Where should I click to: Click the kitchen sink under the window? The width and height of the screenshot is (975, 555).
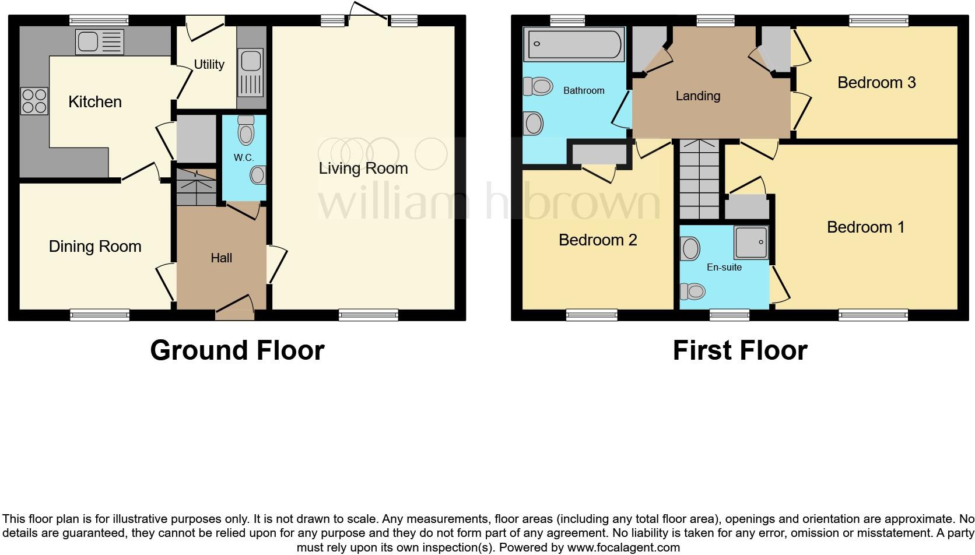[x=100, y=42]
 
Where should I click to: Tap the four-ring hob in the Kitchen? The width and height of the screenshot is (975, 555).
[x=34, y=100]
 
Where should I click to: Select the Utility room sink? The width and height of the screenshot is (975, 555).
[x=251, y=73]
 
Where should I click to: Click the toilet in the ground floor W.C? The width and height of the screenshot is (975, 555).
[x=246, y=130]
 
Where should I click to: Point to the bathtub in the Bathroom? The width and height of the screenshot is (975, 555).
[x=574, y=44]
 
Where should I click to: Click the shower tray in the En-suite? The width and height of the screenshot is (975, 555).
[x=750, y=242]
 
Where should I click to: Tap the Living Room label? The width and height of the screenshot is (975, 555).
[x=363, y=168]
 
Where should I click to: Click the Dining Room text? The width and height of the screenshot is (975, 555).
[x=95, y=247]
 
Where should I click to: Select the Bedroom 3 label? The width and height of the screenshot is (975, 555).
[x=876, y=83]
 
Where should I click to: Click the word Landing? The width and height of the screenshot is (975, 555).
[x=697, y=96]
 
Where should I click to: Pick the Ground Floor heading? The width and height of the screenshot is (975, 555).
[x=237, y=350]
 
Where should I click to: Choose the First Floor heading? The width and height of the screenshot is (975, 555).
[x=739, y=350]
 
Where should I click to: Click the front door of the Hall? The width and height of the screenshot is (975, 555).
[x=234, y=308]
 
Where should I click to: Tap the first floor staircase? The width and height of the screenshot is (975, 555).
[x=700, y=180]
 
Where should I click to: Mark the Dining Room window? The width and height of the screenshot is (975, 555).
[x=100, y=315]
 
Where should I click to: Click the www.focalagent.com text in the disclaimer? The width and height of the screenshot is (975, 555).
[x=623, y=547]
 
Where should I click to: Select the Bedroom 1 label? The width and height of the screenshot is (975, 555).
[x=865, y=227]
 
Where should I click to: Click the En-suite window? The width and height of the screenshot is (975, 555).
[x=729, y=315]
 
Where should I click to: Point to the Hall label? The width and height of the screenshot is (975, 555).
[x=221, y=258]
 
